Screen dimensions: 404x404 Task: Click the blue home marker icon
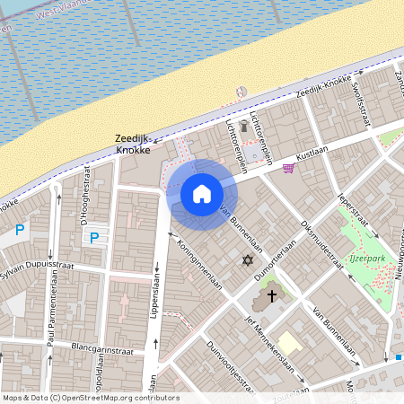(x=202, y=194)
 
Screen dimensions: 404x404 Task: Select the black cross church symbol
(x=271, y=294)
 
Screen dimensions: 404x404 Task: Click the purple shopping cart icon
(x=288, y=167)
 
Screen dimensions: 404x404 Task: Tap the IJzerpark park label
(x=364, y=263)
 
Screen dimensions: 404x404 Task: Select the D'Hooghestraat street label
(x=82, y=201)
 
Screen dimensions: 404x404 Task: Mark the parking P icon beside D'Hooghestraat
(x=92, y=238)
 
